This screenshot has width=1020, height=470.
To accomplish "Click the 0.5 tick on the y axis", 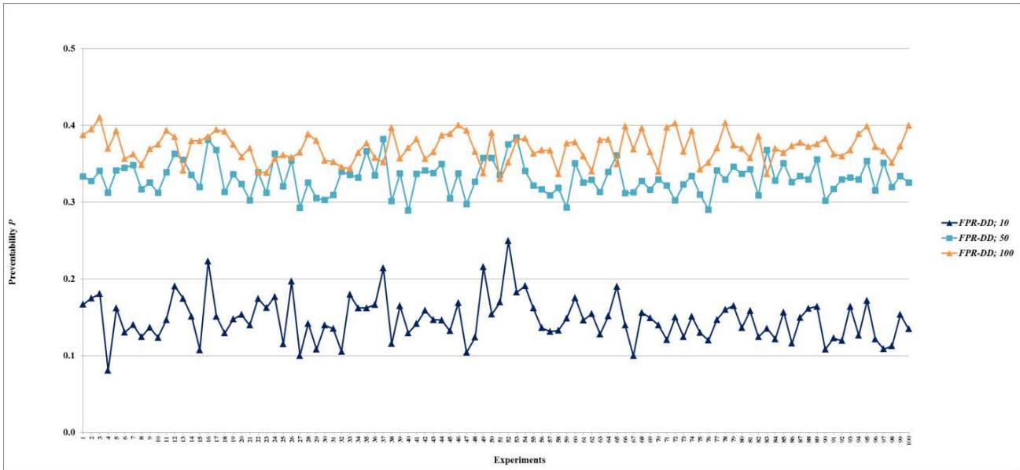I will pos(68,50).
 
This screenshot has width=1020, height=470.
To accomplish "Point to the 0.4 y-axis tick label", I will pos(68,126).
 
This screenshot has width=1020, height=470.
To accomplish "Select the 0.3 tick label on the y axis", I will pos(68,202).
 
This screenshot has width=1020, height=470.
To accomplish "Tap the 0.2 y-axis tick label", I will pos(68,279).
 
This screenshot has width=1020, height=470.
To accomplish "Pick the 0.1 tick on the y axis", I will pos(68,356).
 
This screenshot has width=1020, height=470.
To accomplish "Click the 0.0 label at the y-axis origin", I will pos(68,432).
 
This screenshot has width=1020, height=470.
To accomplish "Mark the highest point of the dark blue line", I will pos(508,241).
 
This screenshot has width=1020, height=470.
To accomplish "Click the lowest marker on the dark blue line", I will pos(108,370).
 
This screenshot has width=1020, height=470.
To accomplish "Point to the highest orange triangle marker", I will pos(99,118).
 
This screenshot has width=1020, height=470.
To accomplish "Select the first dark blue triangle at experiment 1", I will pos(83,304).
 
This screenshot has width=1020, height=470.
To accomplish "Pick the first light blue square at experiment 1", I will pos(83,176).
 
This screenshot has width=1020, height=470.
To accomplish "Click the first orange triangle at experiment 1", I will pos(83,135).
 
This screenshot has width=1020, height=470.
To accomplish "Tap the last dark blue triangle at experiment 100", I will pos(909,329).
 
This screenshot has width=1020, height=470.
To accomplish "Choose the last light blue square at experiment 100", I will pos(909,183).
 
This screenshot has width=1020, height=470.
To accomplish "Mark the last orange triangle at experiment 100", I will pos(909,125).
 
